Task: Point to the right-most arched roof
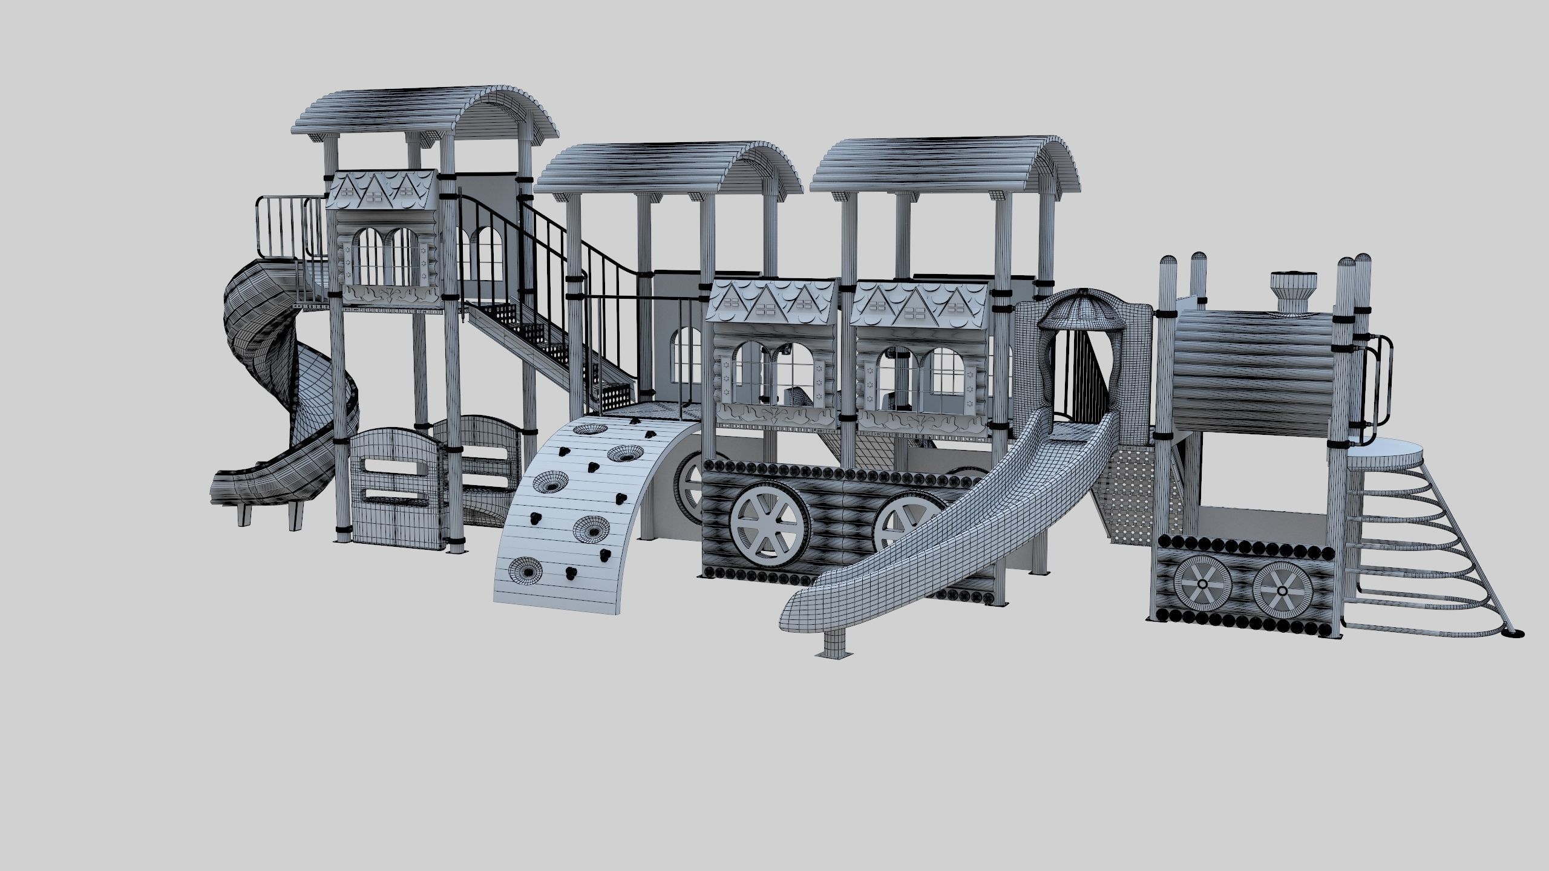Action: point(944,160)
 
